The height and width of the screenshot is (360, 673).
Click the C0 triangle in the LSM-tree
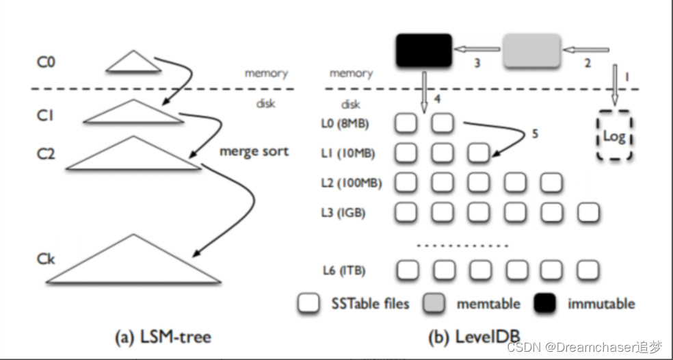133,63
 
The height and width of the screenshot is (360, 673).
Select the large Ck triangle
135,263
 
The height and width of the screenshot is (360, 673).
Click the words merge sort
254,151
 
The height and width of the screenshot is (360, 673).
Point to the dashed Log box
614,136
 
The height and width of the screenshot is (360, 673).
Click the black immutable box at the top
424,50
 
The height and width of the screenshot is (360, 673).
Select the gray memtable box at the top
532,50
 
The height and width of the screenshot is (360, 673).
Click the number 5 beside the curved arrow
535,134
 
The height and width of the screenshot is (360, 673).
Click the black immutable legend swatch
544,303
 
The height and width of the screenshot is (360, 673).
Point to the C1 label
45,116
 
